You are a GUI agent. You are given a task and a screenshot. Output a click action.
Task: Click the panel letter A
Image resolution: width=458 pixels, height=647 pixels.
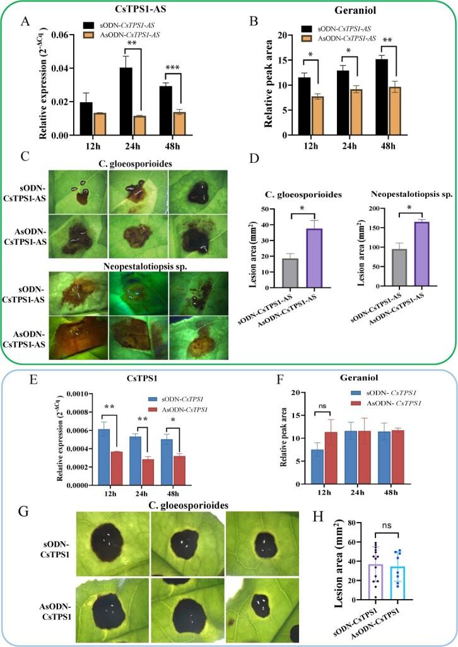pyautogui.click(x=25, y=22)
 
